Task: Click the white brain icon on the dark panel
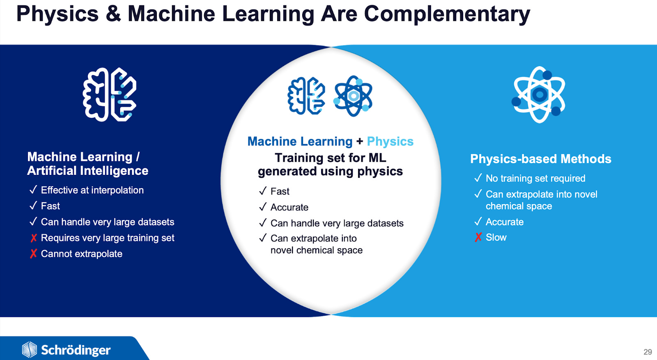point(110,94)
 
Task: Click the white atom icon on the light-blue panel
point(539,95)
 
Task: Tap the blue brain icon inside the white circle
point(306,96)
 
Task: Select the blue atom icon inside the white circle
point(353,96)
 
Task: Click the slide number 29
point(648,352)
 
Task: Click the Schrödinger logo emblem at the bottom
point(29,350)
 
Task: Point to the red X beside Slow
point(478,237)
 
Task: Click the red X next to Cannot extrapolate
point(33,254)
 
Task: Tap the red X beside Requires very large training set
point(33,238)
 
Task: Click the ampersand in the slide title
point(113,14)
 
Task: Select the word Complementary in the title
point(447,15)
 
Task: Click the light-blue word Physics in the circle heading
point(390,141)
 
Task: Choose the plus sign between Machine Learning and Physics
point(360,141)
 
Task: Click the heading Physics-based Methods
point(540,159)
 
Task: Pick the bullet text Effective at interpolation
point(92,190)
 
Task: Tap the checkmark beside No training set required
point(478,178)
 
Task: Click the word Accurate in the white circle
point(289,207)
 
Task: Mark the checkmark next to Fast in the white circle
point(263,191)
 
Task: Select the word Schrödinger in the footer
point(76,350)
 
